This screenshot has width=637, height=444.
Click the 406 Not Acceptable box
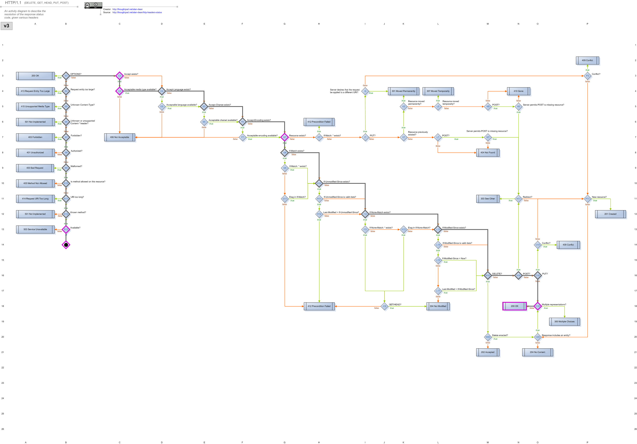(120, 137)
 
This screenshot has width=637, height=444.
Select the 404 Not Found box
(488, 152)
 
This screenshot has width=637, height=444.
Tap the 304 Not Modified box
(438, 306)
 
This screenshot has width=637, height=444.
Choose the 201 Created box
(610, 214)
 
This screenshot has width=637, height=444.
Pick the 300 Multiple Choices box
(564, 321)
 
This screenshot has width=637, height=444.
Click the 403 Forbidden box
(35, 137)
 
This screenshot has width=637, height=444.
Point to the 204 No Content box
(537, 352)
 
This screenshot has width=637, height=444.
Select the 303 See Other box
(488, 199)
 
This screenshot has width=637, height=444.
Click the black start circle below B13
(66, 245)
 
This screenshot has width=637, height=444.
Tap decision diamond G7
(285, 137)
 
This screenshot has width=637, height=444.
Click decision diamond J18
(384, 306)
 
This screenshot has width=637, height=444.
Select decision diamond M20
(488, 337)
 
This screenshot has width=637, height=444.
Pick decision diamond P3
(587, 76)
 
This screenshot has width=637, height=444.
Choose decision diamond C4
(120, 91)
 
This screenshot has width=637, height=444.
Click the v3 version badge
(6, 26)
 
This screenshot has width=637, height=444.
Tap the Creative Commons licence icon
(93, 5)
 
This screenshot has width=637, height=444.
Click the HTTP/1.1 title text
(13, 3)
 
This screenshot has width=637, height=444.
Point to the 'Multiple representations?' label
(554, 305)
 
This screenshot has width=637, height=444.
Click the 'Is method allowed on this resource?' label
(88, 182)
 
